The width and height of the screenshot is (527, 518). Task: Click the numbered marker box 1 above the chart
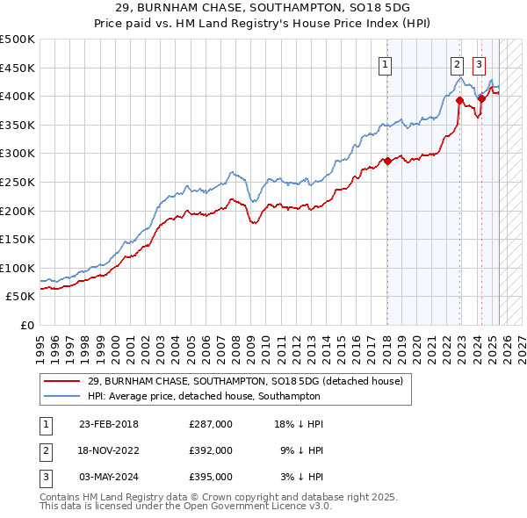pyautogui.click(x=386, y=63)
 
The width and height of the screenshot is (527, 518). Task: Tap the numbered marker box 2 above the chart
pyautogui.click(x=458, y=63)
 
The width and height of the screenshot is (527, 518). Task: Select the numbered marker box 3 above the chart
pyautogui.click(x=479, y=63)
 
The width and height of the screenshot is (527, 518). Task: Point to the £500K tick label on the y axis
pyautogui.click(x=18, y=40)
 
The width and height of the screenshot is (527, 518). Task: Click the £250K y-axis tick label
pyautogui.click(x=18, y=182)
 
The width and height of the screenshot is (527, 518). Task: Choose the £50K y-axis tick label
pyautogui.click(x=21, y=297)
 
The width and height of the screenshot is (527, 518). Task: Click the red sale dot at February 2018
pyautogui.click(x=387, y=161)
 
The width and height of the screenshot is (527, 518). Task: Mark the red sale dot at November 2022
pyautogui.click(x=458, y=100)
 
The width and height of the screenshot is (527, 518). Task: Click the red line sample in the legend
pyautogui.click(x=61, y=381)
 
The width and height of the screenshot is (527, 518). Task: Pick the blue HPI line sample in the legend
pyautogui.click(x=61, y=396)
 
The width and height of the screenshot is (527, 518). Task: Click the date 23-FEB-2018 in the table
pyautogui.click(x=108, y=424)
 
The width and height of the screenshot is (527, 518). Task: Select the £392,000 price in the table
pyautogui.click(x=211, y=450)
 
